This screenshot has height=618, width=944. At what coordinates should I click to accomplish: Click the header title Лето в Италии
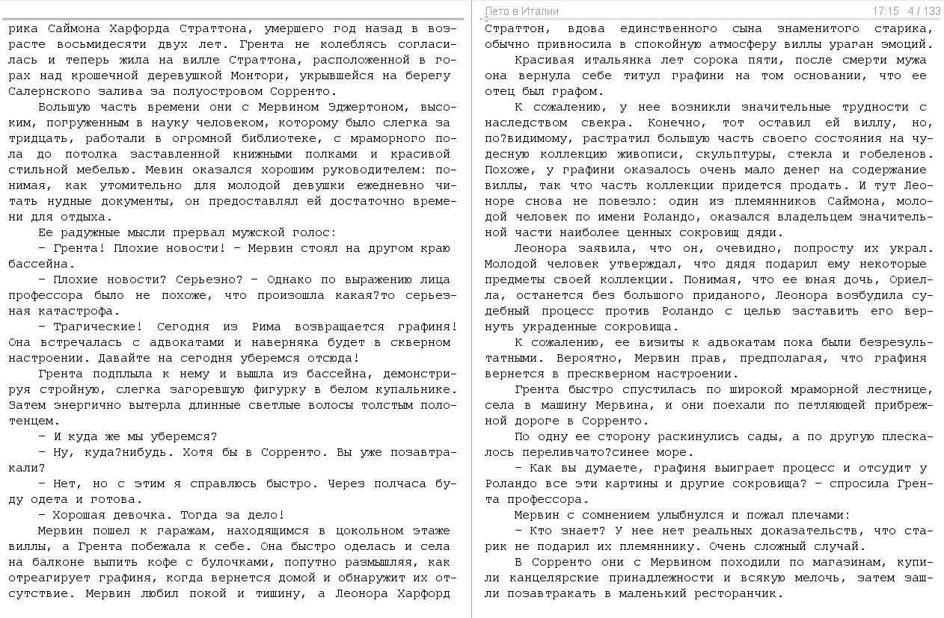(x=521, y=11)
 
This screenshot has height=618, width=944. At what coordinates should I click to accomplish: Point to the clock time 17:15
(x=885, y=11)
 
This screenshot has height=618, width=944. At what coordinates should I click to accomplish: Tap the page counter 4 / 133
(x=924, y=11)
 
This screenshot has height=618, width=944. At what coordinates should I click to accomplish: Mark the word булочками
(x=261, y=562)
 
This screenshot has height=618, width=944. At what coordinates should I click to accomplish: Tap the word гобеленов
(x=895, y=154)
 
